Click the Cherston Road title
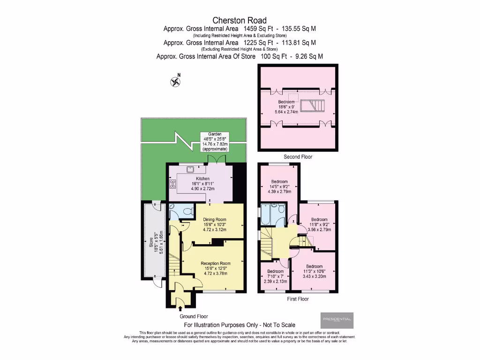240,20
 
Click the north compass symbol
176,82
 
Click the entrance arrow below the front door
180,307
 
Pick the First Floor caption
298,299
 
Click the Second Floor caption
298,157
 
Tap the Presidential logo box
337,320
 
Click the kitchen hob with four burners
172,184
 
